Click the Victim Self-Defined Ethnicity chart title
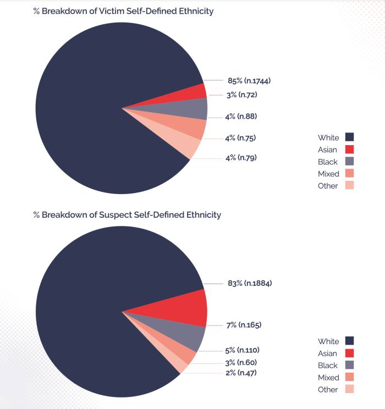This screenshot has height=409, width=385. [123, 11]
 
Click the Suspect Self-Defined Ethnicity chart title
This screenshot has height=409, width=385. [127, 214]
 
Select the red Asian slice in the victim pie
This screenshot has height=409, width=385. [195, 92]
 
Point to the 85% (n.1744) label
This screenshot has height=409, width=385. [249, 81]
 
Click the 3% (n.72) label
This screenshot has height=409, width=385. [241, 95]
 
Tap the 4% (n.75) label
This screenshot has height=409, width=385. [241, 137]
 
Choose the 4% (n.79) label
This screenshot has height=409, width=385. [241, 158]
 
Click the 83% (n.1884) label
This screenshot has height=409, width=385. [249, 283]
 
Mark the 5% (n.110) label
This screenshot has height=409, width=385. [241, 350]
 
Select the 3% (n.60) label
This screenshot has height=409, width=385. [240, 362]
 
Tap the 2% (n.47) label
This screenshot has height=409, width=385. [240, 373]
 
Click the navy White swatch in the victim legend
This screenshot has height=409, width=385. [349, 137]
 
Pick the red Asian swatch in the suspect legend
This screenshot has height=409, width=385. [349, 353]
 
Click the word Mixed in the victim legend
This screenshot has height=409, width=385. [328, 174]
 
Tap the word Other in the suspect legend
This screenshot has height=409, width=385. [328, 389]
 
